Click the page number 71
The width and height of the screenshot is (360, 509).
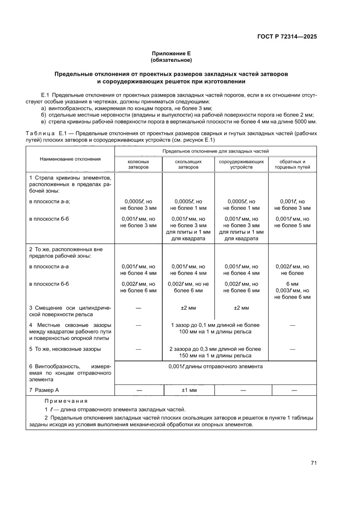click(x=313, y=463)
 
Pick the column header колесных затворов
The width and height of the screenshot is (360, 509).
click(x=138, y=164)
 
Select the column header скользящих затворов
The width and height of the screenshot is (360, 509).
click(x=188, y=164)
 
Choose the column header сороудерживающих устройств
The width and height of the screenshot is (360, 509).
click(x=241, y=164)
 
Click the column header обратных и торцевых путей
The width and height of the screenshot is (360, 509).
click(x=292, y=164)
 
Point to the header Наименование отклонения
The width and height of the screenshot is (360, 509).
click(x=70, y=159)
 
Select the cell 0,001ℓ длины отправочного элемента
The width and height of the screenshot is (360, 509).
click(x=215, y=367)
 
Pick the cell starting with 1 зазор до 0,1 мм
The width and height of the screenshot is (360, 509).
click(x=215, y=328)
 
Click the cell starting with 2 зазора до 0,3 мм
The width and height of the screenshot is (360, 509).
click(x=215, y=352)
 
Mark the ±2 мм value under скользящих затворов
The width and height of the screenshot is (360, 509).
click(x=188, y=308)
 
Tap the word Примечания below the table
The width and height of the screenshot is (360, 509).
click(x=66, y=401)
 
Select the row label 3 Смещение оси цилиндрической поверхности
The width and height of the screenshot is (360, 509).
click(x=70, y=311)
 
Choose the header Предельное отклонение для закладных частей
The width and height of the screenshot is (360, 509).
click(x=215, y=151)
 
